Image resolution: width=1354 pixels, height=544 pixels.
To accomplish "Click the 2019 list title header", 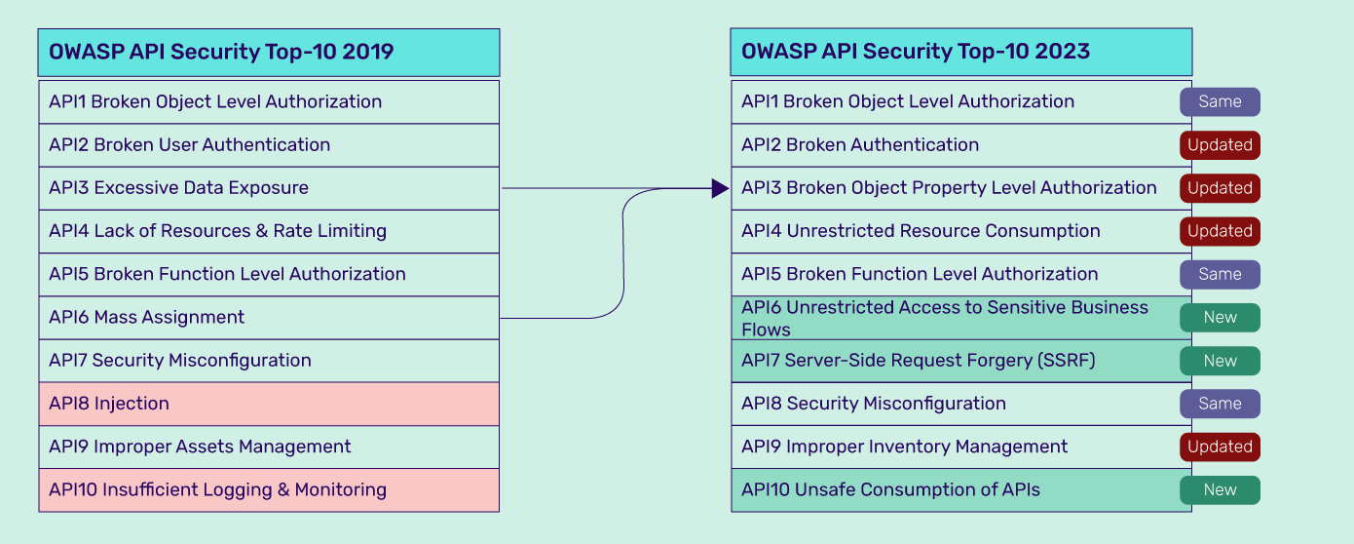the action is [x=269, y=52].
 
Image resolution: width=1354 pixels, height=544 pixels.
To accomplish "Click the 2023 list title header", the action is [x=961, y=52].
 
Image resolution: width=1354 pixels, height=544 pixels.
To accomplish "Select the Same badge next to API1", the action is [x=1220, y=101].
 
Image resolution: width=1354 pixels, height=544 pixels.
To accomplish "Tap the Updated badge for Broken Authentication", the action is [x=1220, y=145].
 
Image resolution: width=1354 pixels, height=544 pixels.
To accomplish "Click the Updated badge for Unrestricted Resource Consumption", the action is [x=1220, y=231].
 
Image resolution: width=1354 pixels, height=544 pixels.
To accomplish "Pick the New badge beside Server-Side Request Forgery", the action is [x=1220, y=361].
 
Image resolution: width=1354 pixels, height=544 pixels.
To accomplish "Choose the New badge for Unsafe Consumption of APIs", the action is [x=1220, y=490].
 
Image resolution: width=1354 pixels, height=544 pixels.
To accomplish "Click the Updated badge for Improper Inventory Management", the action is [x=1220, y=447].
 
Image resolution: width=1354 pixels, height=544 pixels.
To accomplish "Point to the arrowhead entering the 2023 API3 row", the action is [x=721, y=188].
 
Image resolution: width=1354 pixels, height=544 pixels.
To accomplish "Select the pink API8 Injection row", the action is [x=269, y=404].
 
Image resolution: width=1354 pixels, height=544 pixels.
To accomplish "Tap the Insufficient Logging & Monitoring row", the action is [x=269, y=490].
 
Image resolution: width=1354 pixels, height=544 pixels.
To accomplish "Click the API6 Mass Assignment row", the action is [x=269, y=318].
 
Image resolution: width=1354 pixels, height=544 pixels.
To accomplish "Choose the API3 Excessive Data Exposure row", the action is [x=269, y=188].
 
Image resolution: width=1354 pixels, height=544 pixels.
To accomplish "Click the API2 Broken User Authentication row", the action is [x=269, y=145].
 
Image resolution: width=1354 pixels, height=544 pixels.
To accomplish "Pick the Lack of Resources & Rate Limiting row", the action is [x=269, y=231].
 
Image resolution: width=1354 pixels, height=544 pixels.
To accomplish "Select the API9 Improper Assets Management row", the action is [x=269, y=447].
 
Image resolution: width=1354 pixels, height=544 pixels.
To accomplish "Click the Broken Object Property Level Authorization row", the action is [x=961, y=188].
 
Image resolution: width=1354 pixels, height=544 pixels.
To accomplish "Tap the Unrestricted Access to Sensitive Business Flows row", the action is [x=961, y=318].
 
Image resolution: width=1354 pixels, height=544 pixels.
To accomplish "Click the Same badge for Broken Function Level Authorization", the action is [x=1220, y=274].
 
